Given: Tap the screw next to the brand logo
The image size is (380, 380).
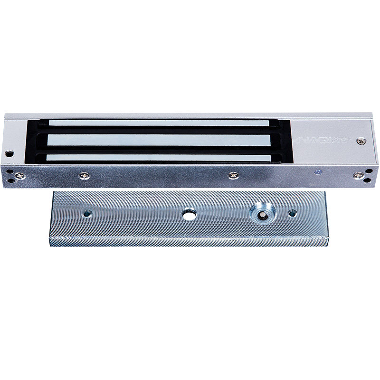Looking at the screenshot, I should (361, 141).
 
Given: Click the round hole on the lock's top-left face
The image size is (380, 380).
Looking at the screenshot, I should (9, 154).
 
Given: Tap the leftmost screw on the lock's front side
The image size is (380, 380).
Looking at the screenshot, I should (19, 175).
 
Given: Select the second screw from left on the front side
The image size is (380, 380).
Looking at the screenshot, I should (85, 175).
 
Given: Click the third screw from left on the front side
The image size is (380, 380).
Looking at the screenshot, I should (233, 175).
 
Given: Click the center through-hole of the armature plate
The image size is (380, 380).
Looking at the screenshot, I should (189, 215).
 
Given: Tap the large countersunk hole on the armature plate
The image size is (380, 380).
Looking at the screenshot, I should (260, 213).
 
